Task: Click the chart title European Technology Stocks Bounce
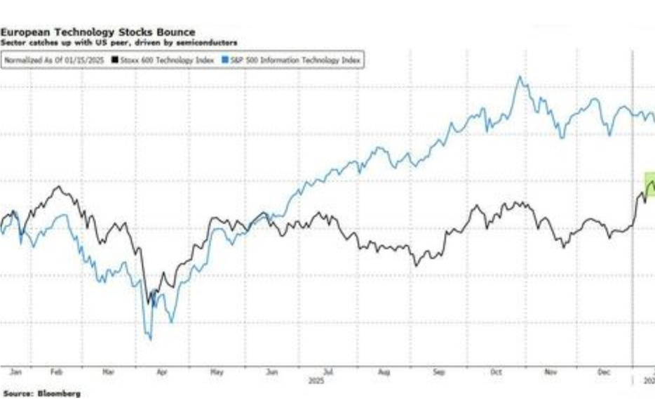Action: click(98, 32)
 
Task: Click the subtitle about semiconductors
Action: click(119, 43)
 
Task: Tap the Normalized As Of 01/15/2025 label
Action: click(55, 60)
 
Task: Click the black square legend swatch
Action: click(116, 60)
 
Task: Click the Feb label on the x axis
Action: click(57, 373)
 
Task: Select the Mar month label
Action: click(108, 373)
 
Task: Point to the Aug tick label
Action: click(384, 373)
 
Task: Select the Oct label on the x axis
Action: click(495, 373)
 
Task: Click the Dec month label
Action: click(604, 373)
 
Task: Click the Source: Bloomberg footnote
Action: click(41, 394)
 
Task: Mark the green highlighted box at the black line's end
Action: click(649, 184)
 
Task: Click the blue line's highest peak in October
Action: click(520, 77)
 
